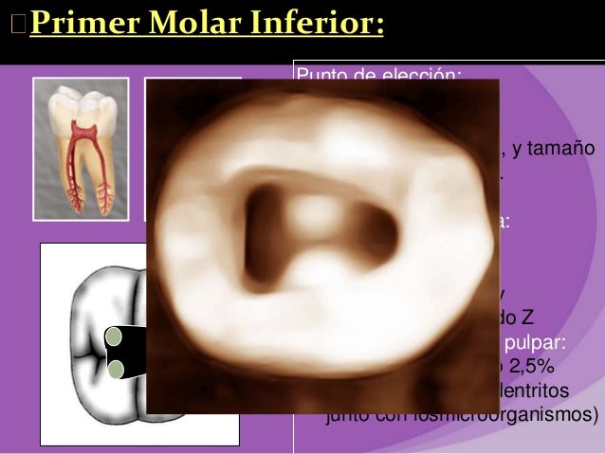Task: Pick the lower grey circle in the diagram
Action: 117,369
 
